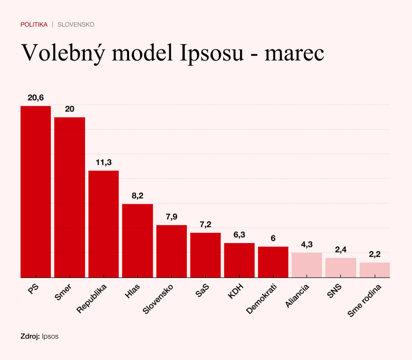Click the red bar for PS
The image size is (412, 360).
(x=36, y=191)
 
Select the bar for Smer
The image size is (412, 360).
(x=70, y=197)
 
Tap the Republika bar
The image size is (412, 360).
(x=103, y=224)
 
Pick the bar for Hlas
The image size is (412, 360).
(x=137, y=241)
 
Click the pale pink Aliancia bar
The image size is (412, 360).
(x=307, y=265)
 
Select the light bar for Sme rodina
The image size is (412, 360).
(x=375, y=270)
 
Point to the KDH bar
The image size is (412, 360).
(x=239, y=260)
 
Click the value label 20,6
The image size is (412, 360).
(x=36, y=98)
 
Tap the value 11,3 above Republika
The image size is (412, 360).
(x=103, y=163)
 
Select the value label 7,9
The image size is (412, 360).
(x=171, y=217)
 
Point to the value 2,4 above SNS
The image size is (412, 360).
(x=341, y=250)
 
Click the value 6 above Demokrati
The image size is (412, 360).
(x=273, y=238)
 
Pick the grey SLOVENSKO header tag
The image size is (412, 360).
(x=76, y=25)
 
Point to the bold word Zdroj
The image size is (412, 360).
(x=30, y=336)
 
